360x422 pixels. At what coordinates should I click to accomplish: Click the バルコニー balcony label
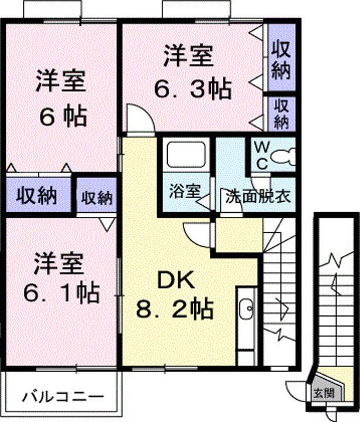63,397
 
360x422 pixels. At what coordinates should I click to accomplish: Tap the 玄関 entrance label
324,393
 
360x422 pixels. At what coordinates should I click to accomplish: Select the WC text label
261,155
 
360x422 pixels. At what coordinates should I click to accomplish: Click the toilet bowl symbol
283,156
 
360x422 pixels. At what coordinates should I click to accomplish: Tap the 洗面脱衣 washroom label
258,197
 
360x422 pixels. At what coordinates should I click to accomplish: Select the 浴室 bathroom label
185,192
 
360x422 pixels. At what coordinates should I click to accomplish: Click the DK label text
176,280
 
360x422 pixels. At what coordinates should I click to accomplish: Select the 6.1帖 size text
62,292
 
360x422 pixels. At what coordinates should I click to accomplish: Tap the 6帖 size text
63,117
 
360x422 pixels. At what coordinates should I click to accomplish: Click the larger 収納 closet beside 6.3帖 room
281,57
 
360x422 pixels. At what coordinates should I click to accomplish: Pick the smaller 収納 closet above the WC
281,114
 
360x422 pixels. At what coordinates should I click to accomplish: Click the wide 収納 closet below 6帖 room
38,195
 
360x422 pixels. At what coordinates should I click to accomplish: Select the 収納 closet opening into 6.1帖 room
96,195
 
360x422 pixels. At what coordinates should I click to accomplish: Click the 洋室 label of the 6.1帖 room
58,264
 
